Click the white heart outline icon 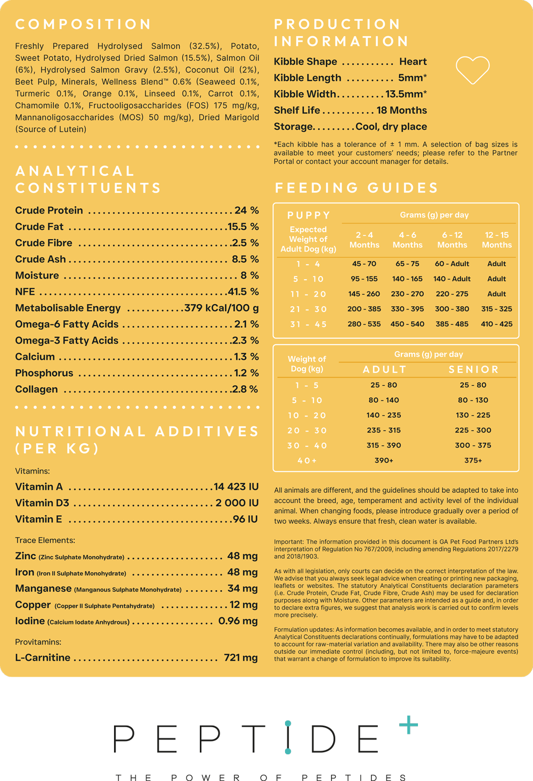[x=473, y=70]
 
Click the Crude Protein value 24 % [x=246, y=210]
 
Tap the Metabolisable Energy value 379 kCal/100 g [x=221, y=308]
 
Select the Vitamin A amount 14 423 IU [x=236, y=486]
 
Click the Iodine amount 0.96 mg [x=238, y=621]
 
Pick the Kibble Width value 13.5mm [x=406, y=94]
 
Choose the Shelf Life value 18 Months [x=401, y=110]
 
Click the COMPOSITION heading [x=84, y=25]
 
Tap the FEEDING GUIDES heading [x=357, y=188]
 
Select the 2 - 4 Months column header [x=365, y=240]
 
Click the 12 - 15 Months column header [x=497, y=240]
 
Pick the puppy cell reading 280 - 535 [x=364, y=324]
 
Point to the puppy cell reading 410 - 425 [x=497, y=324]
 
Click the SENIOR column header [x=473, y=370]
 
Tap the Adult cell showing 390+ [x=384, y=460]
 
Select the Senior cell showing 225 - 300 [x=473, y=430]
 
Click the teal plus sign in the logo [x=408, y=725]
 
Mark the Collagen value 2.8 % [x=245, y=389]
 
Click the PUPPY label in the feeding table [x=309, y=215]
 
